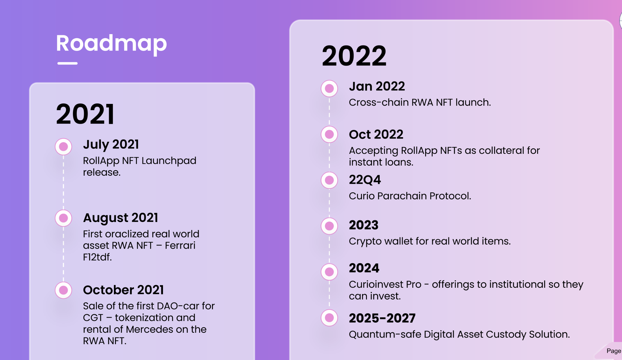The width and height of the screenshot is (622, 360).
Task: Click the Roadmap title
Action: click(x=111, y=43)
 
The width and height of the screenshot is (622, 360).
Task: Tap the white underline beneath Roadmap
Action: click(x=67, y=63)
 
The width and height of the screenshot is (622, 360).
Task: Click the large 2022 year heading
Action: click(x=354, y=56)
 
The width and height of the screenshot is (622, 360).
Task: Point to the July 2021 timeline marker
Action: click(x=64, y=147)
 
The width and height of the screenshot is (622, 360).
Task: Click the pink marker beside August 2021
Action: click(x=64, y=218)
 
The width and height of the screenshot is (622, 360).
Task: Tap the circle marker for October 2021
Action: click(x=64, y=290)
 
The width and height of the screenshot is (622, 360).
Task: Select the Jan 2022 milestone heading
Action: click(x=377, y=86)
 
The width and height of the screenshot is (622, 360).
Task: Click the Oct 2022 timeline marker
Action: click(x=329, y=134)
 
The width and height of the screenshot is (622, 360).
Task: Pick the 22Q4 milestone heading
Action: click(x=365, y=180)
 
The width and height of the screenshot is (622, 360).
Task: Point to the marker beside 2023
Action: click(x=329, y=226)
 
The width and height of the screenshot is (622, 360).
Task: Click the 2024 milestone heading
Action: click(x=364, y=268)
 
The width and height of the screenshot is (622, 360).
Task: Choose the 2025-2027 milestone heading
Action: click(x=382, y=318)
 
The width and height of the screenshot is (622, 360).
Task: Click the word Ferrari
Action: click(x=180, y=245)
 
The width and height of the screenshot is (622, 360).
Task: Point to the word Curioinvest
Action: click(x=385, y=284)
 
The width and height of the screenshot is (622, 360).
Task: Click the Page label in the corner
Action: click(x=614, y=351)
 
